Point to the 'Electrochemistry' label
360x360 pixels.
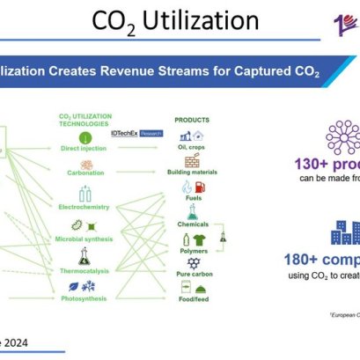(x=84, y=207)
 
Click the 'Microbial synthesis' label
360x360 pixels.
(x=84, y=239)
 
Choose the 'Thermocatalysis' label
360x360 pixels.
(x=84, y=270)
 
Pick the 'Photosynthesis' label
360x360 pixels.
(x=84, y=298)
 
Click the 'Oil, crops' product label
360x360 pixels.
(x=193, y=147)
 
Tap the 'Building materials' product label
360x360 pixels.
(x=193, y=173)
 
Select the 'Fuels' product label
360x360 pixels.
(x=193, y=199)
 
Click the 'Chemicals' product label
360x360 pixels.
(x=193, y=224)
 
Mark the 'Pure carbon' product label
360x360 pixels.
(x=193, y=275)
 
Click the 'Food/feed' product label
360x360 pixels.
(x=193, y=300)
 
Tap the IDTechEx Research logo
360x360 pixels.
(x=132, y=132)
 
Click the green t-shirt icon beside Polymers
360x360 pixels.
(x=198, y=239)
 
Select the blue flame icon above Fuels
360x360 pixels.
(x=187, y=187)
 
